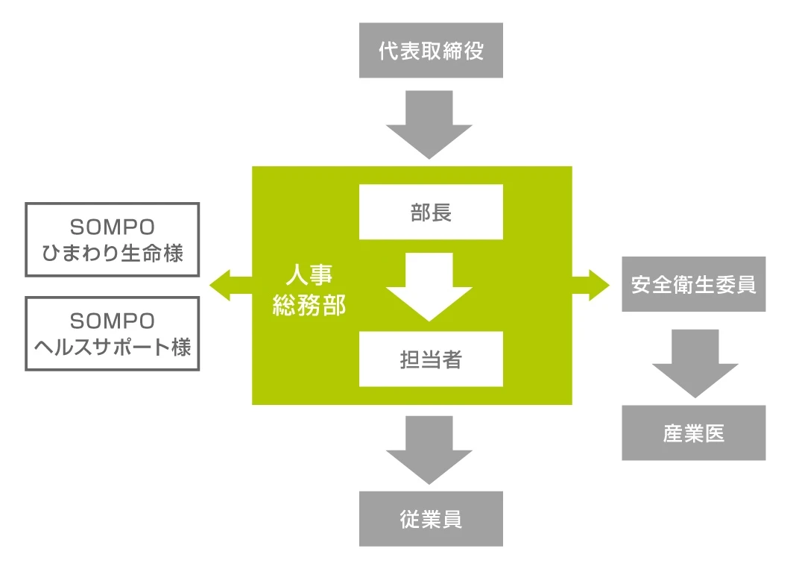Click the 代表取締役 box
point(431,50)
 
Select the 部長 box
point(431,212)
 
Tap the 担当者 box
point(431,359)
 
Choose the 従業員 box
point(431,519)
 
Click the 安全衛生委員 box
point(693,284)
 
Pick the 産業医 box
point(693,433)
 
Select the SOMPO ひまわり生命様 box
point(113,239)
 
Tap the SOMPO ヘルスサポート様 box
point(113,333)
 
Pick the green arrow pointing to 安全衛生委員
point(592,285)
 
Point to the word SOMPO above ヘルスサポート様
point(113,321)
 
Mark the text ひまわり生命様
point(113,253)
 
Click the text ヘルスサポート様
point(113,347)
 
